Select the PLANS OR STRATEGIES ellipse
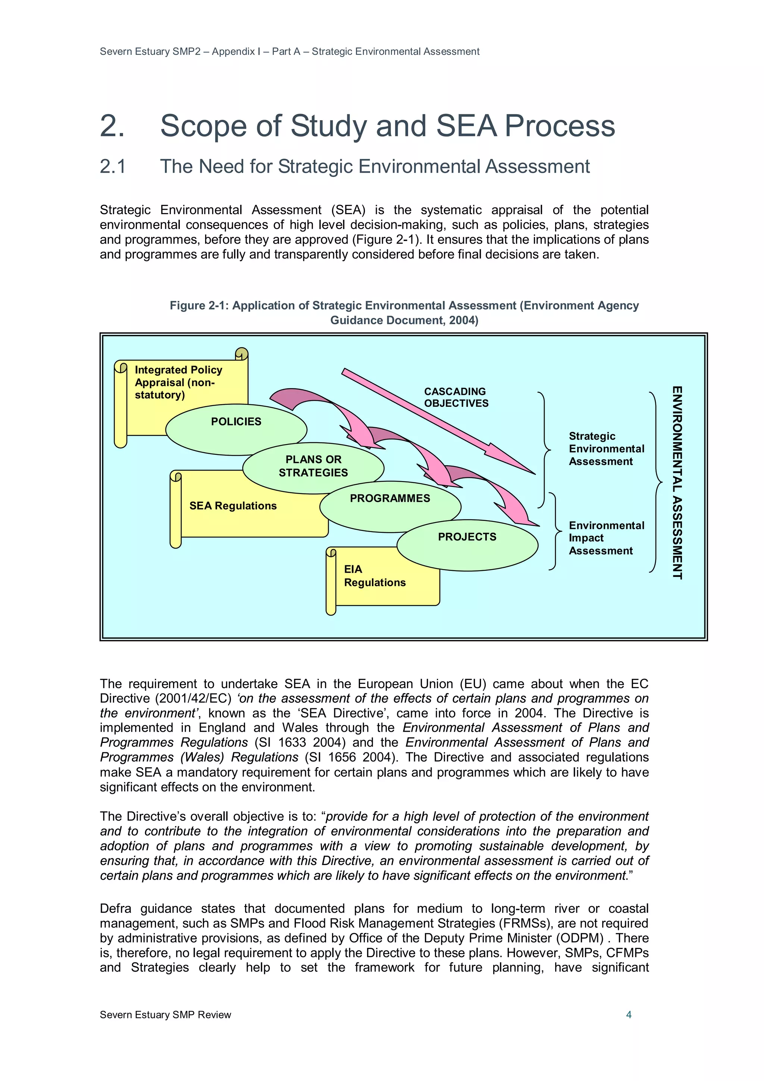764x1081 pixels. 313,466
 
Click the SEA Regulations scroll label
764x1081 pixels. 233,506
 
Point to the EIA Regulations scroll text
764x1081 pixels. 374,576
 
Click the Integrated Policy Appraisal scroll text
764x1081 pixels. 178,382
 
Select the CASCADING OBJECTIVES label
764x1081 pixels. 455,397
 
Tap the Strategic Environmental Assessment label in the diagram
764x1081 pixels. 606,449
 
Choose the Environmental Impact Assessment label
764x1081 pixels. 606,538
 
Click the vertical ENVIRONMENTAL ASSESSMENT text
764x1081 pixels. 677,482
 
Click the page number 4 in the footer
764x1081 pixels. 629,1015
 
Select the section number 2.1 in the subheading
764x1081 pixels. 113,167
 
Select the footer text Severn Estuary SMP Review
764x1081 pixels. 165,1015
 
